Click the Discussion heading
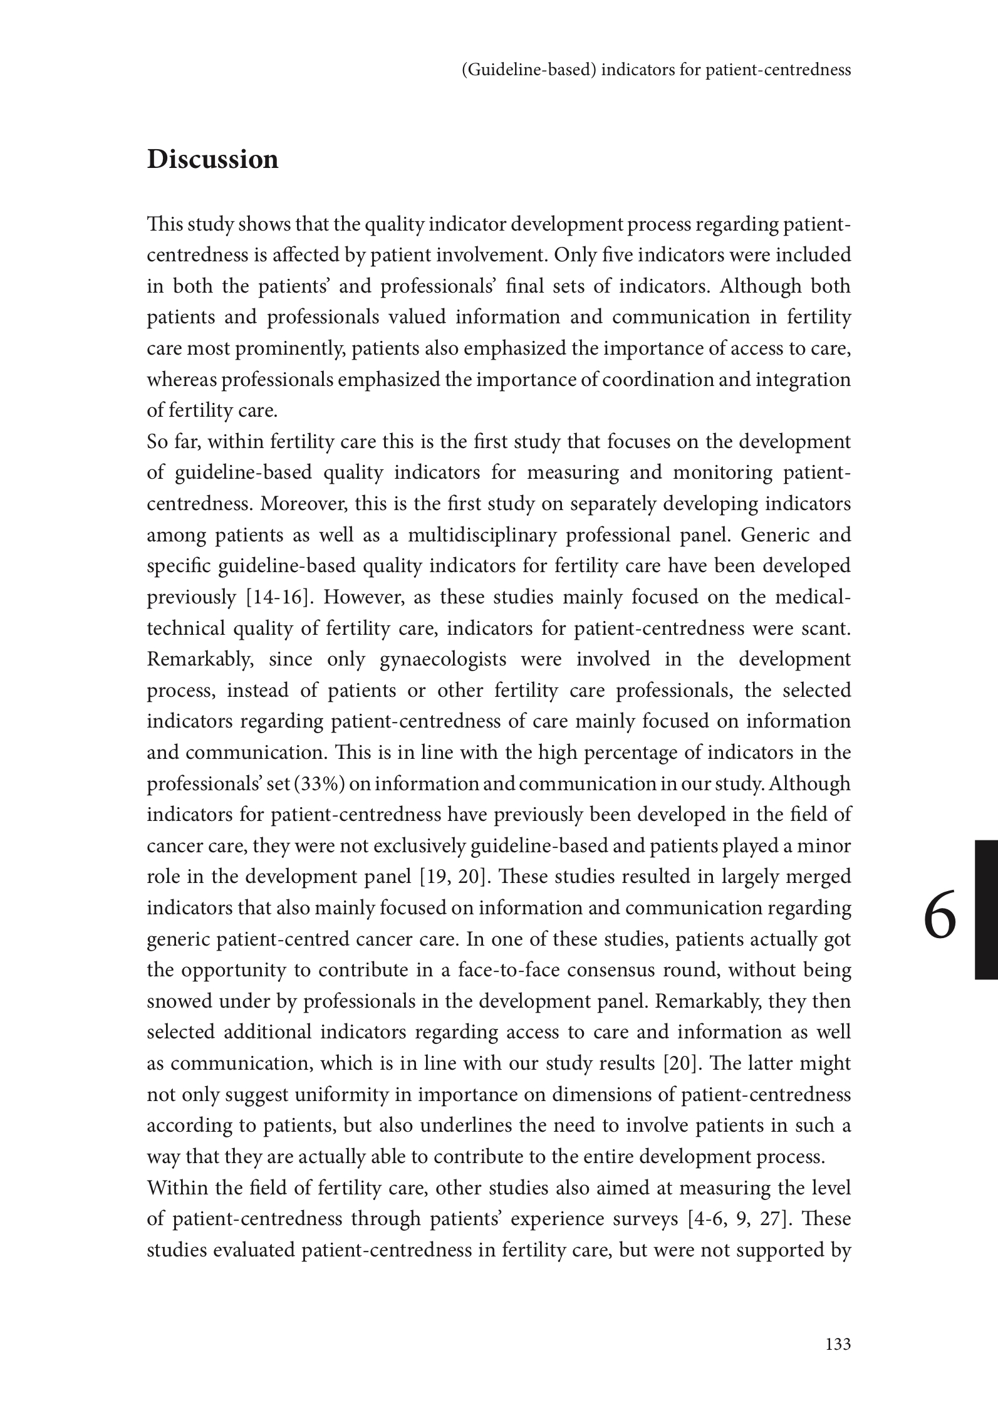pyautogui.click(x=212, y=159)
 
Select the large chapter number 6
pyautogui.click(x=940, y=920)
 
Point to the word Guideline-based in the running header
pyautogui.click(x=528, y=70)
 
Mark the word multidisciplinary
pyautogui.click(x=482, y=535)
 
